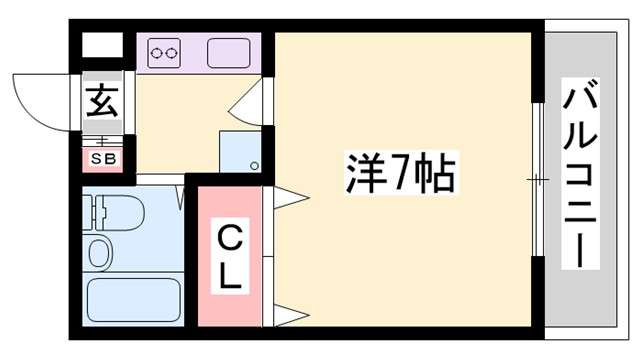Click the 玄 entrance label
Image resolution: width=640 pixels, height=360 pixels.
coord(101,102)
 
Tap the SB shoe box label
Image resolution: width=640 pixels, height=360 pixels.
coord(102,157)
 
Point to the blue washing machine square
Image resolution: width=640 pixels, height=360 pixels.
coord(240,150)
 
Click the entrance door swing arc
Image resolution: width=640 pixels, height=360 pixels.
coord(40,100)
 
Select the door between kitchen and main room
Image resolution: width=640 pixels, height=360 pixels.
coord(250,100)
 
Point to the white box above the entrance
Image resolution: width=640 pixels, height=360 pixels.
coord(100,45)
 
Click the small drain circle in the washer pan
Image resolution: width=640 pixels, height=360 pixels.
coord(254,165)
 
